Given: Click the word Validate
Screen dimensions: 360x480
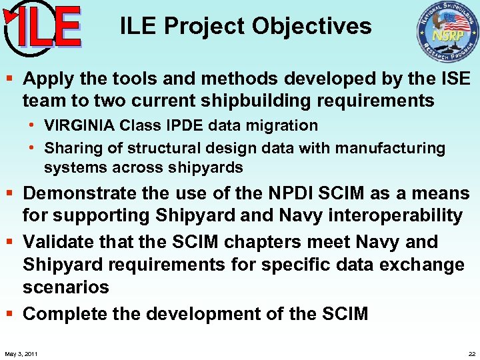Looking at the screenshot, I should [59, 241].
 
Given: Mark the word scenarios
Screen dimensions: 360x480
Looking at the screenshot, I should [65, 287].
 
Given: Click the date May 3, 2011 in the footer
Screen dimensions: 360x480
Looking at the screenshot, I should [21, 353].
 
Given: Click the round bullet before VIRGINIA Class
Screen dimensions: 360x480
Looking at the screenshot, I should [31, 125].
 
